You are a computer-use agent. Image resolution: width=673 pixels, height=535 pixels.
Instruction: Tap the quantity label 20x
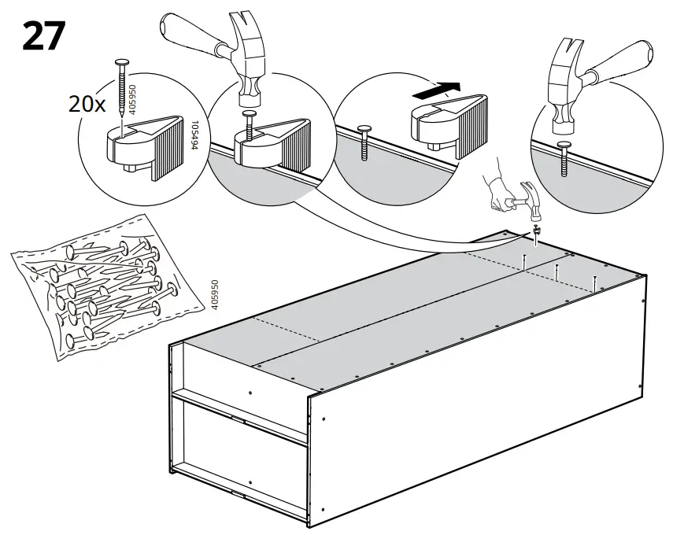click(87, 104)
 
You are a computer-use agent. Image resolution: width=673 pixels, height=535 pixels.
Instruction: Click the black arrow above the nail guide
click(438, 91)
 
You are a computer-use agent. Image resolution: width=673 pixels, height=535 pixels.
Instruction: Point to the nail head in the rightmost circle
click(564, 145)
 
